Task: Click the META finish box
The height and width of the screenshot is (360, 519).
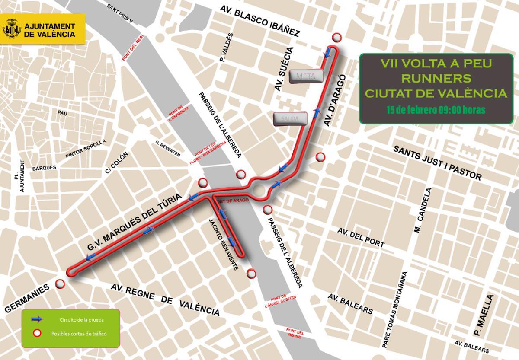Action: [307, 76]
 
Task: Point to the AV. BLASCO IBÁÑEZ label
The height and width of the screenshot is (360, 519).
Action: [259, 20]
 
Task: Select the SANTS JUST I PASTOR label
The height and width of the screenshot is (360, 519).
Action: [437, 162]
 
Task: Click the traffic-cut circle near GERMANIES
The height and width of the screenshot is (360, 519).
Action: [60, 284]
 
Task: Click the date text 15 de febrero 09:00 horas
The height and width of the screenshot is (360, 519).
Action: [436, 110]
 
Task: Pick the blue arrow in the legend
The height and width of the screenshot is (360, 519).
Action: [37, 319]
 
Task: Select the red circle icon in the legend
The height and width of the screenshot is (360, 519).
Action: [37, 333]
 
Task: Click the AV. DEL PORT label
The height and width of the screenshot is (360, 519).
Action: [361, 237]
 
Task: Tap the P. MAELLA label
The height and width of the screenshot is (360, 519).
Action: [484, 315]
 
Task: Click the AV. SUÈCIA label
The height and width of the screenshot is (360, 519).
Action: [284, 69]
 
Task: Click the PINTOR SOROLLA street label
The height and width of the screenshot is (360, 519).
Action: [85, 149]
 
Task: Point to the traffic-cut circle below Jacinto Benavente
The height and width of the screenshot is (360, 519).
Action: [251, 274]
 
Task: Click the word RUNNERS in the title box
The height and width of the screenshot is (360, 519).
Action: [436, 78]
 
